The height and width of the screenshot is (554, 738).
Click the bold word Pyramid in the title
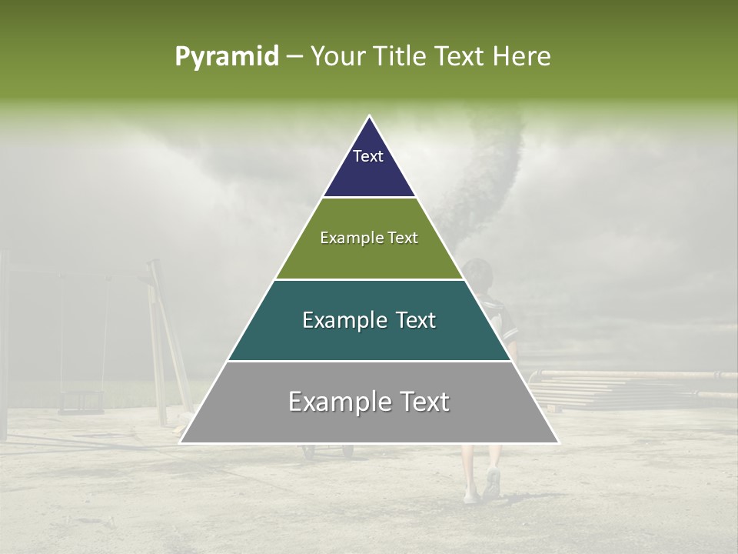226,57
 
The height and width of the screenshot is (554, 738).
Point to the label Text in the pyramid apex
368,156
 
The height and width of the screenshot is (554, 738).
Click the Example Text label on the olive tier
369,238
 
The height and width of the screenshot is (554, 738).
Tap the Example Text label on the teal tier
369,320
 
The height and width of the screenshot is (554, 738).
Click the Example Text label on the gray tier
369,402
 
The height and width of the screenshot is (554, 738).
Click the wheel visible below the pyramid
310,452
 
